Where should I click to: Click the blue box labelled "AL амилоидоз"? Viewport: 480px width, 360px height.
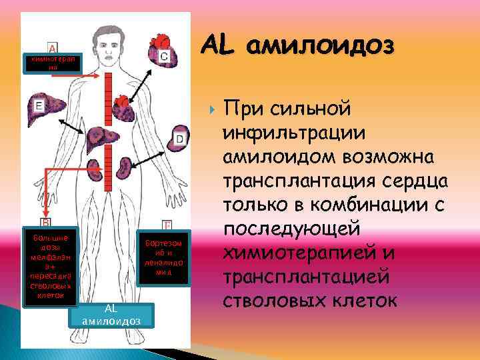(x=111, y=315)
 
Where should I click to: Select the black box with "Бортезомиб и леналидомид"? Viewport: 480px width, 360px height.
(x=163, y=259)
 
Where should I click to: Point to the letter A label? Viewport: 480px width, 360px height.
(x=53, y=48)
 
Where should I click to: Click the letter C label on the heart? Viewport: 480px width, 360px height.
(x=164, y=57)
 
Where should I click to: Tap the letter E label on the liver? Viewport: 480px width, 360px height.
(x=39, y=105)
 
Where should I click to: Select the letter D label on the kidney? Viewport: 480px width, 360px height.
(x=179, y=139)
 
